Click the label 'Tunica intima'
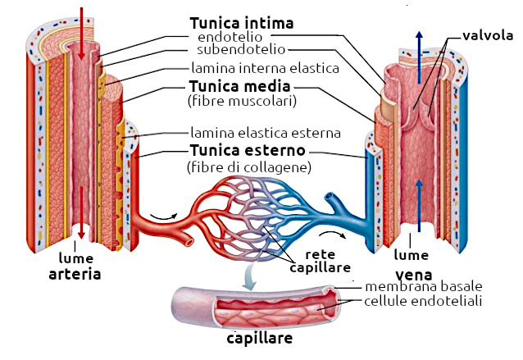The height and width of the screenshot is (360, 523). click(241, 22)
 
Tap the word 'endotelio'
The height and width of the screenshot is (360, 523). click(234, 38)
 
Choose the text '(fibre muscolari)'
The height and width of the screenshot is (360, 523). click(241, 101)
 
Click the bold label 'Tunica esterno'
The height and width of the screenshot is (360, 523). click(247, 151)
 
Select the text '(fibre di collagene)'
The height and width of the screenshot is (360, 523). click(248, 167)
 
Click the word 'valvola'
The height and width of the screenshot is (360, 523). click(487, 35)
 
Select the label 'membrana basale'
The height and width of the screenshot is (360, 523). click(423, 286)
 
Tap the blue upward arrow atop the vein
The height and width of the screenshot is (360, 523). click(419, 51)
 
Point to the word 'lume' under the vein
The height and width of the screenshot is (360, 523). click(412, 254)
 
